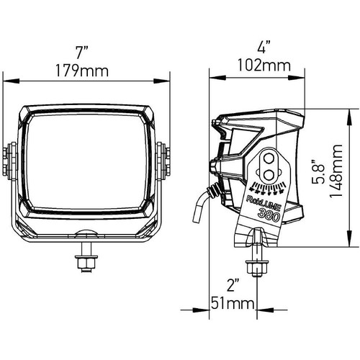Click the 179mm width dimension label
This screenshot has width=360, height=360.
pyautogui.click(x=82, y=71)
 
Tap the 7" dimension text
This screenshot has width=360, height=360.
pyautogui.click(x=82, y=52)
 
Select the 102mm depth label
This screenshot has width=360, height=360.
pyautogui.click(x=264, y=66)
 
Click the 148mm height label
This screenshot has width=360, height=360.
pyautogui.click(x=336, y=170)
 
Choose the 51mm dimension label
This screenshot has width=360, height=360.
pyautogui.click(x=233, y=304)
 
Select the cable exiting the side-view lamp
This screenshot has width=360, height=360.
pyautogui.click(x=201, y=202)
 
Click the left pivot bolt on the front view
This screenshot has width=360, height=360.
pyautogui.click(x=9, y=161)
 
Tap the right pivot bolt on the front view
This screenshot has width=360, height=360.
pyautogui.click(x=163, y=161)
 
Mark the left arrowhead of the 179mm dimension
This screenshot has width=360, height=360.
pyautogui.click(x=11, y=81)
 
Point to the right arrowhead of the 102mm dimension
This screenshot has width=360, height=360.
pyautogui.click(x=297, y=78)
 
